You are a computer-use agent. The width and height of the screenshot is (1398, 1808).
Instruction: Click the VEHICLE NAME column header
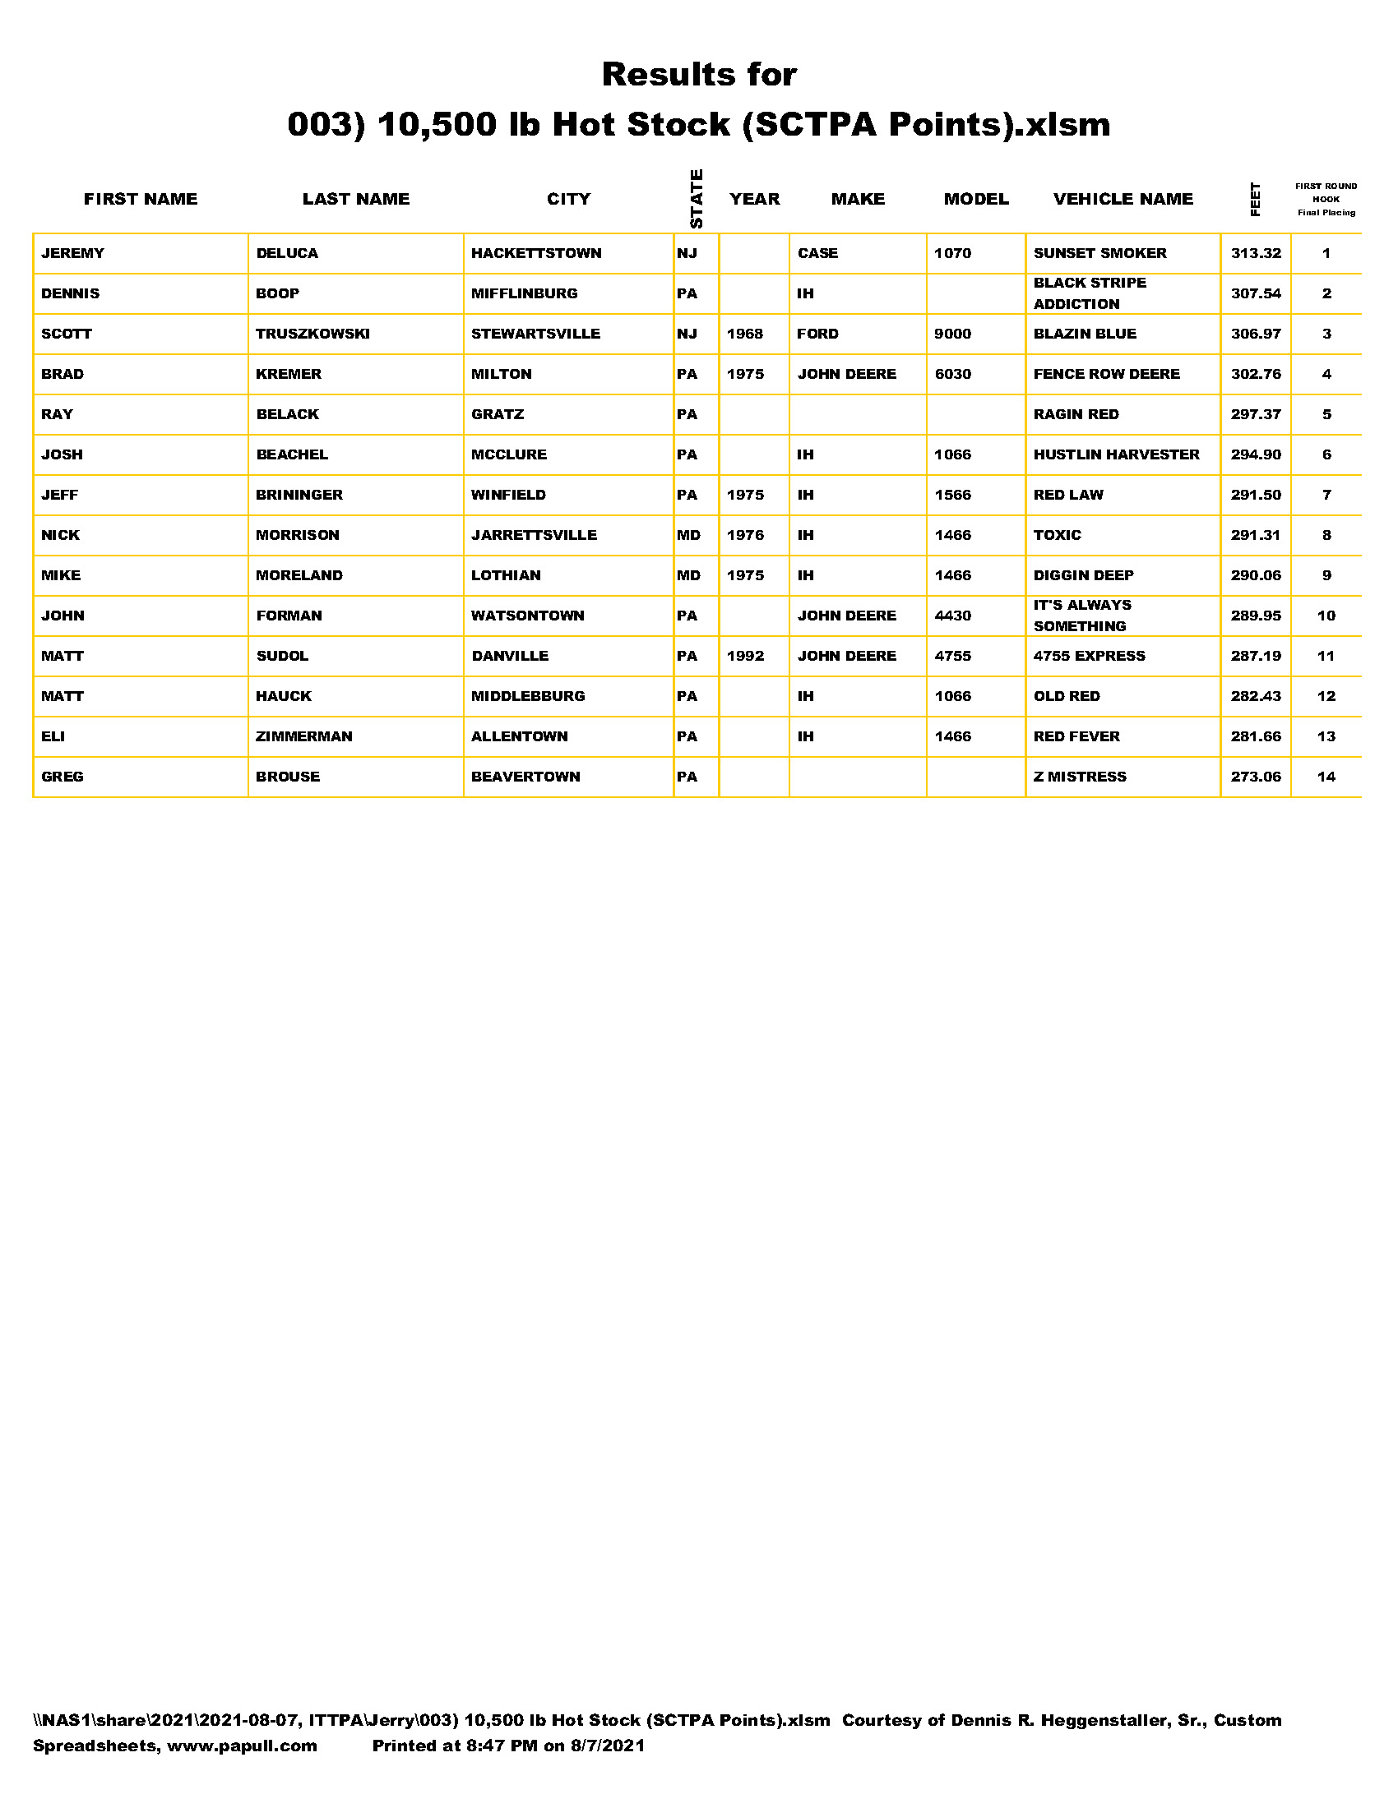pos(1123,199)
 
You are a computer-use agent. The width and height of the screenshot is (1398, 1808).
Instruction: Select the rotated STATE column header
pos(696,199)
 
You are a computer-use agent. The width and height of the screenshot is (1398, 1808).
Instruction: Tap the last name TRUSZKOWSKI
pos(312,334)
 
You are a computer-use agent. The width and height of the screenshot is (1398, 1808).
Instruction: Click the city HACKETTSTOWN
pos(536,253)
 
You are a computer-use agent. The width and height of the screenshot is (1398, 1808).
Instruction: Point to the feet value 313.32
pos(1255,253)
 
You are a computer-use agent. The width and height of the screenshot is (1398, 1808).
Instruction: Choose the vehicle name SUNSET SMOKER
pos(1099,253)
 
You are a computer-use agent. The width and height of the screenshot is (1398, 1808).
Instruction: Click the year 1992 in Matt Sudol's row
pos(744,656)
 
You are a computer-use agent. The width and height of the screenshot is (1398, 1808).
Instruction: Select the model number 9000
pos(951,334)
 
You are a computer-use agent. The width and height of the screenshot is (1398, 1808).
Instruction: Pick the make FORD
pos(817,334)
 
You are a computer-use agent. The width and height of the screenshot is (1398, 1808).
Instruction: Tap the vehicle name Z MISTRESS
pos(1079,777)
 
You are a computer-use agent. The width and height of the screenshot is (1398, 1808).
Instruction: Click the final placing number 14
pos(1325,777)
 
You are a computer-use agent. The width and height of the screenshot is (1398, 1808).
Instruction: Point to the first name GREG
pos(62,777)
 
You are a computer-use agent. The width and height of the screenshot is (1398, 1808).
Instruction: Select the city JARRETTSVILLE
pos(534,535)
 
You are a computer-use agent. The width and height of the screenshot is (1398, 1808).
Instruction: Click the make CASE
pos(817,253)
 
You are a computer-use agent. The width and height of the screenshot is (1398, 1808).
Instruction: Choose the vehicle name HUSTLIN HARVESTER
pos(1116,454)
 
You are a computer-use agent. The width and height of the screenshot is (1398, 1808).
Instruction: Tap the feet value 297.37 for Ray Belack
pos(1255,414)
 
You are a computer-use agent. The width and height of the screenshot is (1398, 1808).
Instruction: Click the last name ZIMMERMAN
pos(303,736)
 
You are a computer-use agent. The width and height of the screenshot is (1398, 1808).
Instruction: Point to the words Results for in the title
pos(698,75)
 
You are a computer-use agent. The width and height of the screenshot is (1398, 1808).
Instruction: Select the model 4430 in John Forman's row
pos(951,615)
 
